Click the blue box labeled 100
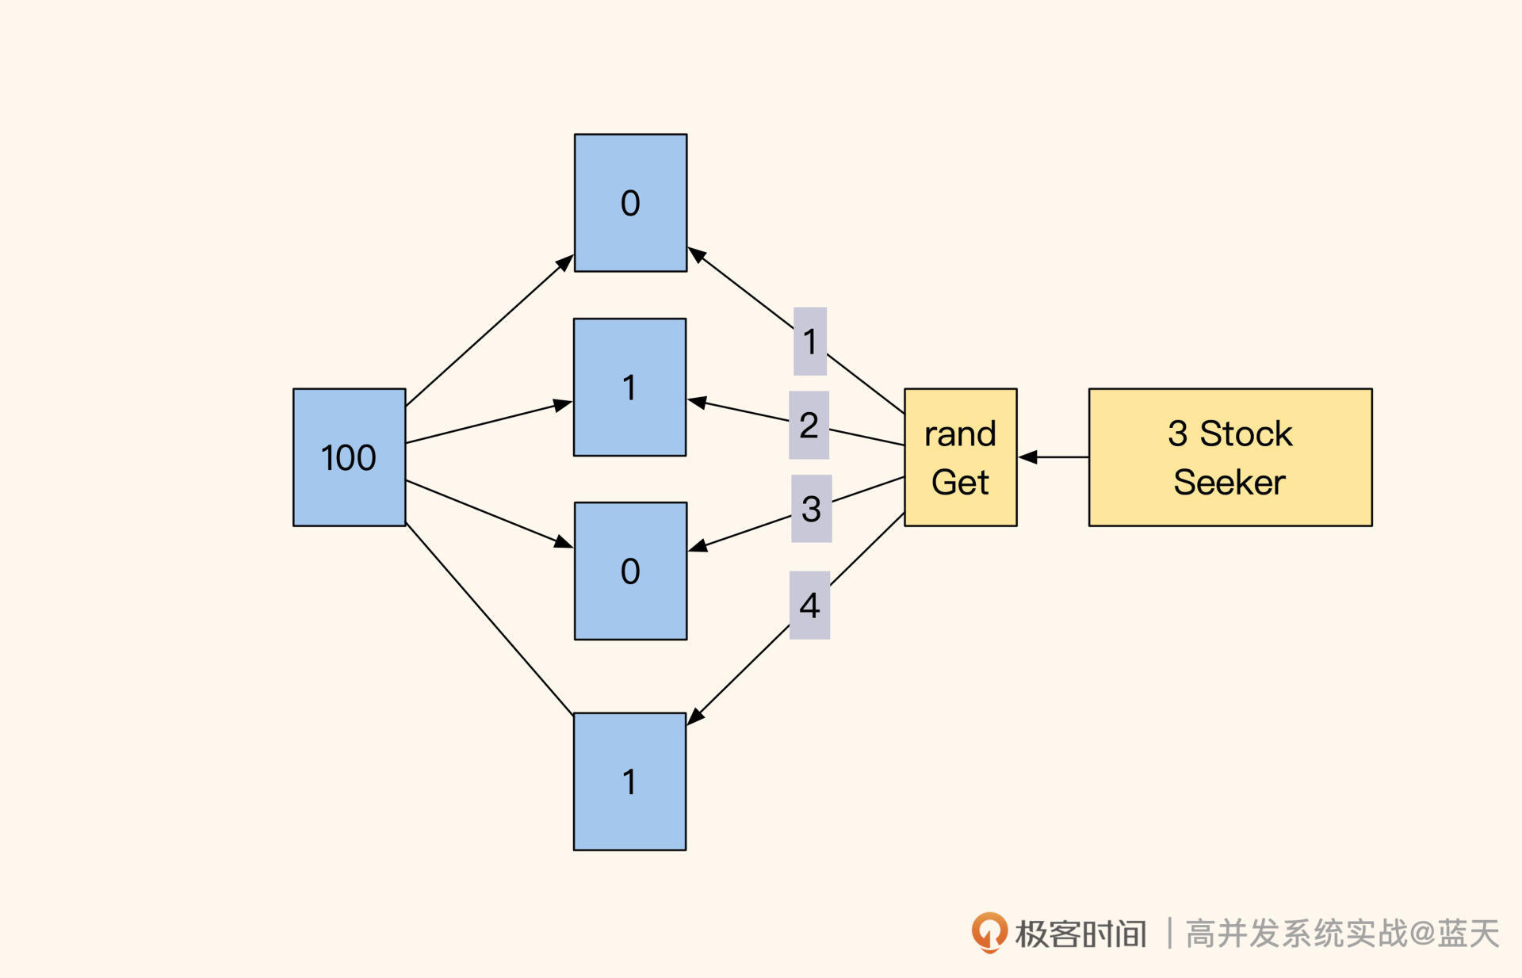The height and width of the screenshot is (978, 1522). click(349, 457)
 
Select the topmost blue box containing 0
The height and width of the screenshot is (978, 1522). click(630, 203)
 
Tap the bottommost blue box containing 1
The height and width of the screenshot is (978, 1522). click(629, 781)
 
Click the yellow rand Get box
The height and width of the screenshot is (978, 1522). click(960, 457)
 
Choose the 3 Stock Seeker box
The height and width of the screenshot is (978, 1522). click(1229, 457)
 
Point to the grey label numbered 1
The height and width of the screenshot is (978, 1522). click(809, 342)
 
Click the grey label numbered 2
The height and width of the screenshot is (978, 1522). click(809, 425)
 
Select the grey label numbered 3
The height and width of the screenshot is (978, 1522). click(811, 509)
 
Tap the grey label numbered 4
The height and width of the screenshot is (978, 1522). click(809, 606)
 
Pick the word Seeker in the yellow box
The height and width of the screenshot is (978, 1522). click(1229, 482)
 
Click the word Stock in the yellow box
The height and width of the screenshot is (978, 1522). click(1245, 434)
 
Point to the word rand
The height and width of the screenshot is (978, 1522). click(960, 434)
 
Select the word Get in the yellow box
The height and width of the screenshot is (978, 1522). click(960, 482)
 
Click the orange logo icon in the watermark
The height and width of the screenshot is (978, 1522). click(989, 932)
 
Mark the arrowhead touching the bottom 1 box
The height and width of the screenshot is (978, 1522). click(695, 716)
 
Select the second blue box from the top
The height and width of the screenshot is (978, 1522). click(629, 388)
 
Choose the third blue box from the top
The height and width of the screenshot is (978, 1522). click(630, 571)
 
